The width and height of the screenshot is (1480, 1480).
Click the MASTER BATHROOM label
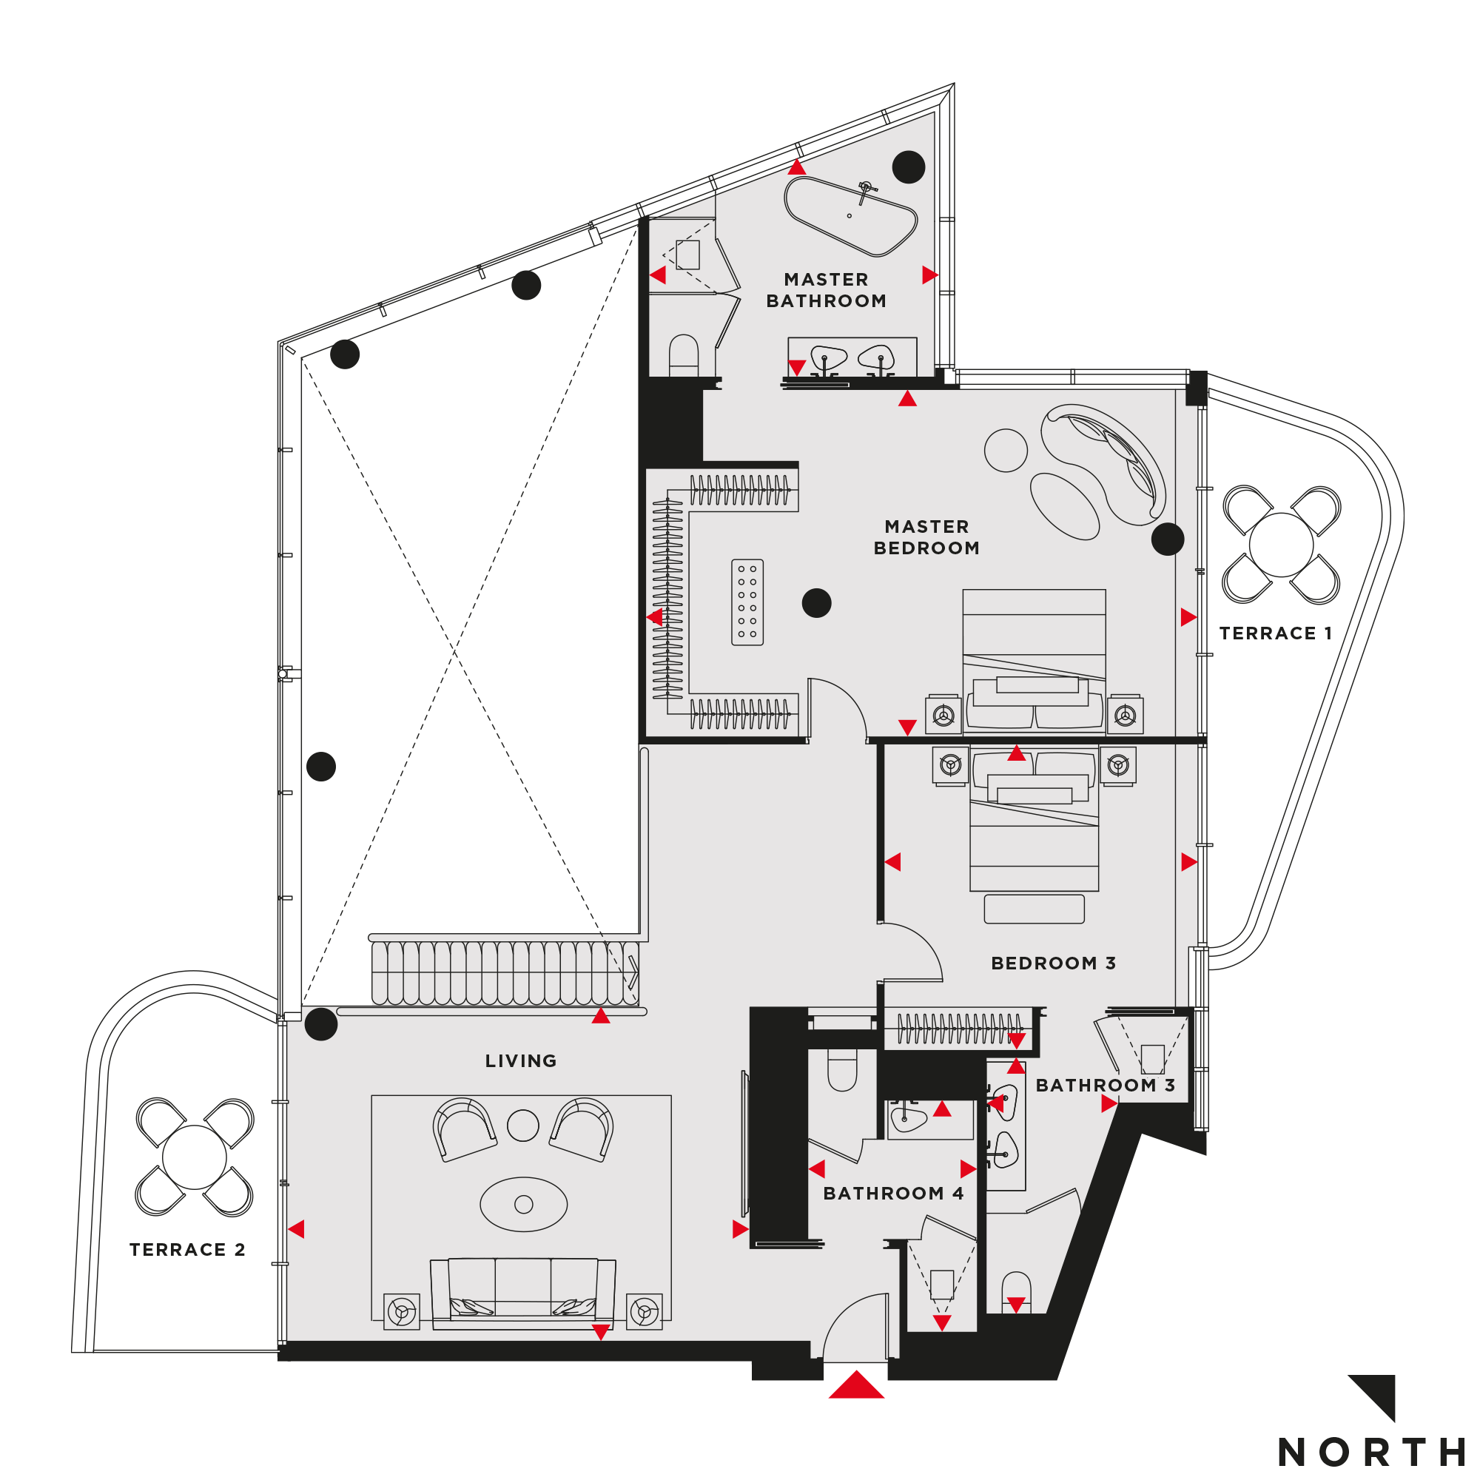click(x=826, y=290)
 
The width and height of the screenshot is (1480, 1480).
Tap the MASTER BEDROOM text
click(x=926, y=537)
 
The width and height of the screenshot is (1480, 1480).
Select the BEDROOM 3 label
click(x=1053, y=963)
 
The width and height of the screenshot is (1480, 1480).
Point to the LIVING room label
click(x=521, y=1061)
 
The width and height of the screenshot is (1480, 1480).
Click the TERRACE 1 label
click(x=1276, y=633)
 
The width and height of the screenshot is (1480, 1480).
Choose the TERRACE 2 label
click(x=188, y=1249)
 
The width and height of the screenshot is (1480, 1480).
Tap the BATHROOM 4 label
click(x=893, y=1194)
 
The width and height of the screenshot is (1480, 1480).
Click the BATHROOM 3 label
click(x=1106, y=1086)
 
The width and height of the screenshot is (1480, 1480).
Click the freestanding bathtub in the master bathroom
click(x=850, y=216)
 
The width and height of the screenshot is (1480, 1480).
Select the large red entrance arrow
click(x=856, y=1385)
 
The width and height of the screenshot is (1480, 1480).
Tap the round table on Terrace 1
click(x=1281, y=545)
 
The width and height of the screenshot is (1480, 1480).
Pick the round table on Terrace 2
click(x=195, y=1157)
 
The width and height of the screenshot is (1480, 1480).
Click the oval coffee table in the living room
click(x=524, y=1204)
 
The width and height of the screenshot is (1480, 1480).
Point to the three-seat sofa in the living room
click(x=523, y=1292)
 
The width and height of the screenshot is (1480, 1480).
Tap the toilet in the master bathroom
click(x=683, y=355)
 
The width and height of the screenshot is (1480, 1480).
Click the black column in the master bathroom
click(x=909, y=166)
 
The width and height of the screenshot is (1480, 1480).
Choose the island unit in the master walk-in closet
click(x=747, y=602)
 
